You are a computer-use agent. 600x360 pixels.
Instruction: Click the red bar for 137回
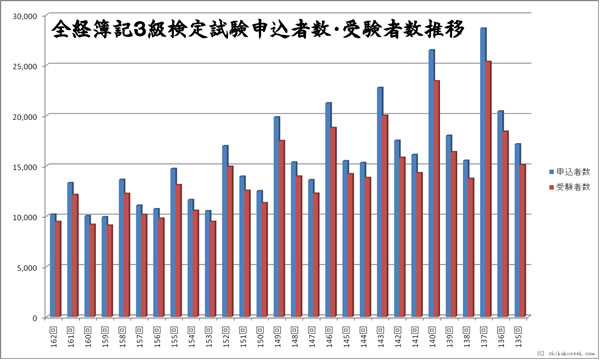point(489,190)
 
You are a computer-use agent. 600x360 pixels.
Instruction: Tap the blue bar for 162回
point(52,265)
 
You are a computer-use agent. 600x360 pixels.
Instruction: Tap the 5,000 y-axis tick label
point(26,267)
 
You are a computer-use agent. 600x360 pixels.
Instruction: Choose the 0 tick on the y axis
point(34,317)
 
